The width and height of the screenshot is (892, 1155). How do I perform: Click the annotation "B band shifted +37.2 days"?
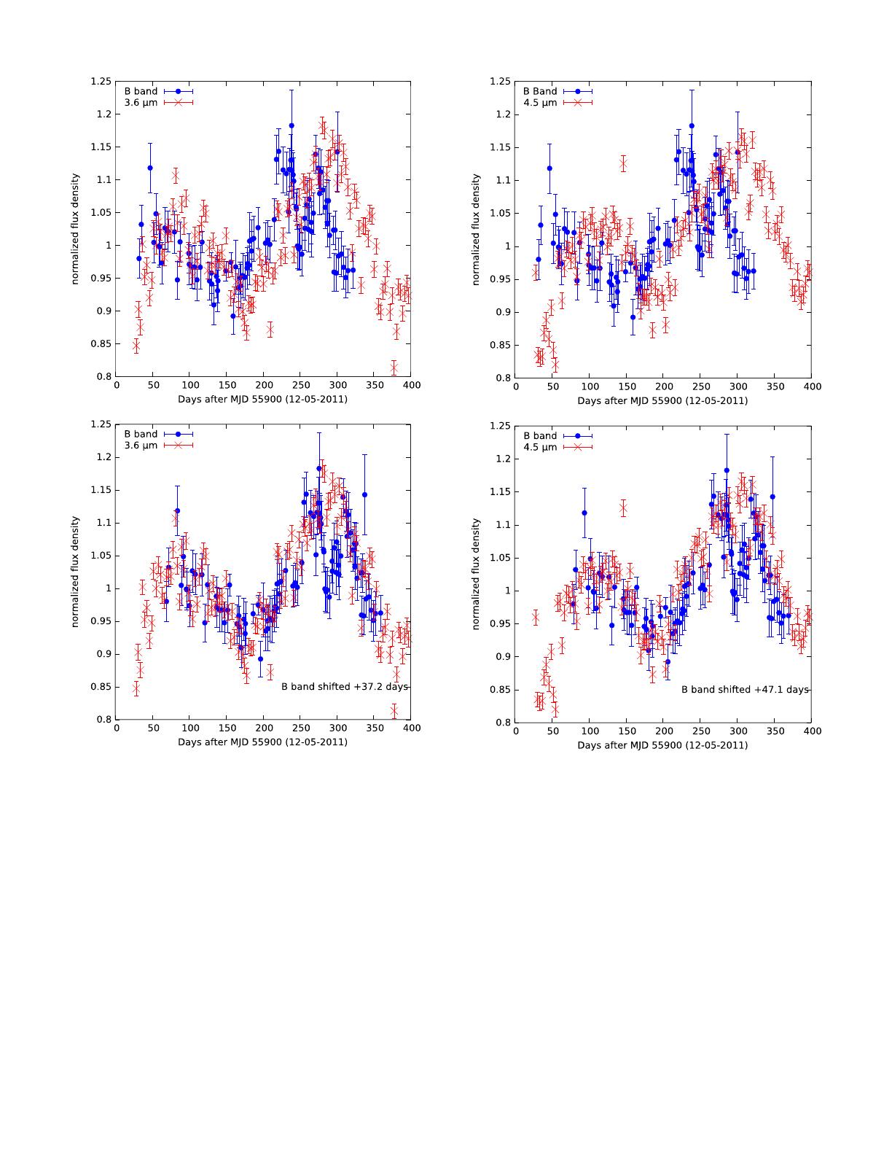tap(345, 687)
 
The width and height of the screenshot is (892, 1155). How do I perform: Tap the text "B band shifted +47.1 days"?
tap(745, 689)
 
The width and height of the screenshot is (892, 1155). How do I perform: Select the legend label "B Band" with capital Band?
tap(540, 91)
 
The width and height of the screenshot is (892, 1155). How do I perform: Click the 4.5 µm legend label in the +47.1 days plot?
tap(540, 447)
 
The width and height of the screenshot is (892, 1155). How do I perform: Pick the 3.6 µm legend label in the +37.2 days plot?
tap(141, 446)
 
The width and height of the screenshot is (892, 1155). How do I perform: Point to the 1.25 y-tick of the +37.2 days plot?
tap(101, 424)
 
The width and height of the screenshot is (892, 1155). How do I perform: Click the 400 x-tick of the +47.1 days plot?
tap(811, 731)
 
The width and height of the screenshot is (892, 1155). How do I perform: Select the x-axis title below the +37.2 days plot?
tap(262, 742)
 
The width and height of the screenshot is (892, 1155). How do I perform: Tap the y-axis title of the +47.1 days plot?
tap(477, 575)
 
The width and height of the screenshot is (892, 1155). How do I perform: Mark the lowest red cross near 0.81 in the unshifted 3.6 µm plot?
tap(394, 367)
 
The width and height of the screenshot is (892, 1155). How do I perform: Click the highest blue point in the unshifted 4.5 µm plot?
tap(692, 126)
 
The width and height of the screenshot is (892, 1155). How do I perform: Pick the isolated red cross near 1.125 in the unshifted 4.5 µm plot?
tap(623, 164)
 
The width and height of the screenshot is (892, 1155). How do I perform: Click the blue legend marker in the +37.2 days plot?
tap(179, 434)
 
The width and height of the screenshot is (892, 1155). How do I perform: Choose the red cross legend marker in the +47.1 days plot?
tap(578, 447)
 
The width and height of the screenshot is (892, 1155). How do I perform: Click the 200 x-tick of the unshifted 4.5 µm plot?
tap(663, 387)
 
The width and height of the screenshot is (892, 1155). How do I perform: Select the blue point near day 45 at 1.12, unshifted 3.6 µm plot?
tap(150, 168)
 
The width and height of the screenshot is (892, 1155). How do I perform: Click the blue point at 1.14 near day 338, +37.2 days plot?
tap(364, 495)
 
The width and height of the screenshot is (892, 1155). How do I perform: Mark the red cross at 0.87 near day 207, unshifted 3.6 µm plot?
tap(270, 330)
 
